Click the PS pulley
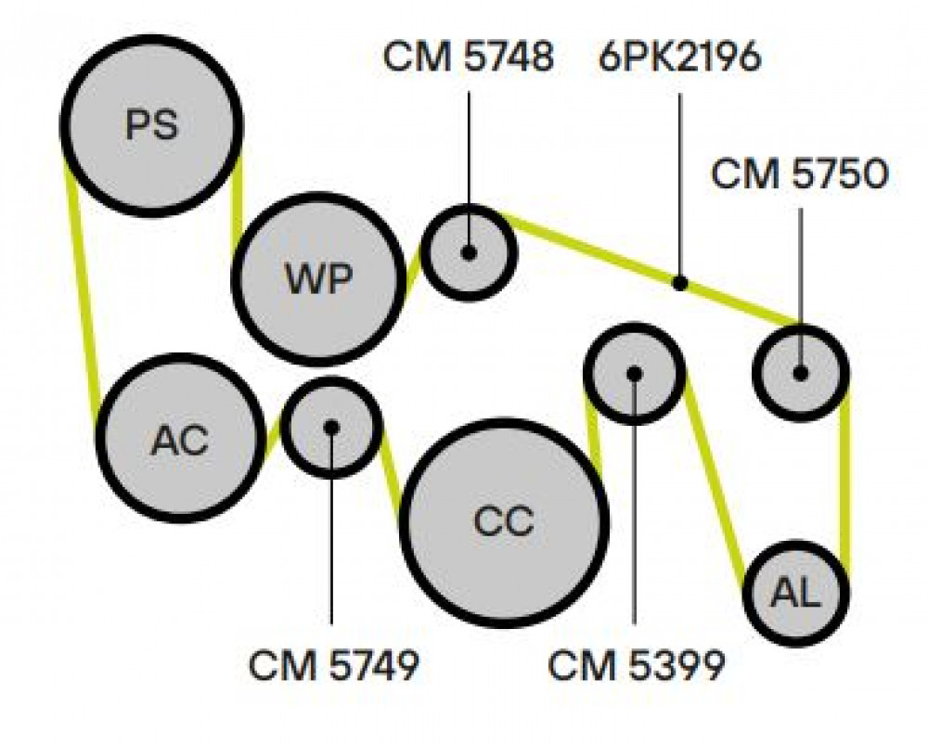pyautogui.click(x=151, y=125)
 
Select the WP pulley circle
pyautogui.click(x=318, y=278)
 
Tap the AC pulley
pyautogui.click(x=180, y=438)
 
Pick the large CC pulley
pyautogui.click(x=504, y=523)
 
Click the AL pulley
pyautogui.click(x=796, y=593)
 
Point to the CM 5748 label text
pyautogui.click(x=468, y=58)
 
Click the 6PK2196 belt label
pyautogui.click(x=679, y=58)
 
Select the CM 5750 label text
pyautogui.click(x=800, y=174)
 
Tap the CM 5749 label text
pyautogui.click(x=334, y=665)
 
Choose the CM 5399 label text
pyautogui.click(x=637, y=665)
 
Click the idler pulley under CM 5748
pyautogui.click(x=470, y=252)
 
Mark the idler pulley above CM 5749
pyautogui.click(x=331, y=427)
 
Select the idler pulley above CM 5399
pyautogui.click(x=634, y=373)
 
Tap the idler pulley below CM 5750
pyautogui.click(x=801, y=373)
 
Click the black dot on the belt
pyautogui.click(x=680, y=283)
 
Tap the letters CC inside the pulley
pyautogui.click(x=504, y=523)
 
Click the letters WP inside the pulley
pyautogui.click(x=318, y=278)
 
